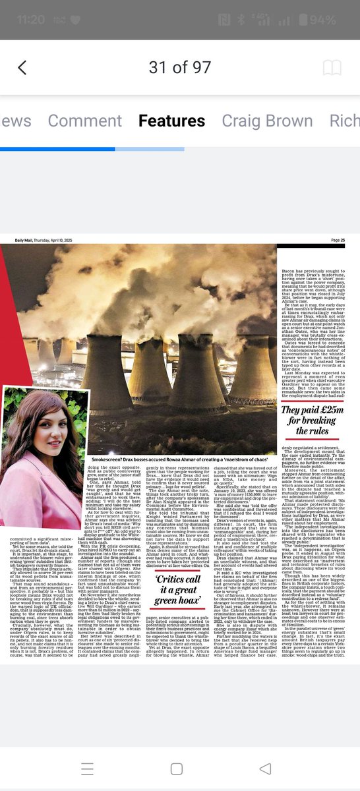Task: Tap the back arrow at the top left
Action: point(22,67)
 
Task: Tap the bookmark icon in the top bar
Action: point(332,67)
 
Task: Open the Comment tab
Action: point(84,121)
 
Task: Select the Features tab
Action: point(171,121)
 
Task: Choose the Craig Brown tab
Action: point(266,121)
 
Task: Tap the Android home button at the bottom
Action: point(176,769)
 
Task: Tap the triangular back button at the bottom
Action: point(265,769)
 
